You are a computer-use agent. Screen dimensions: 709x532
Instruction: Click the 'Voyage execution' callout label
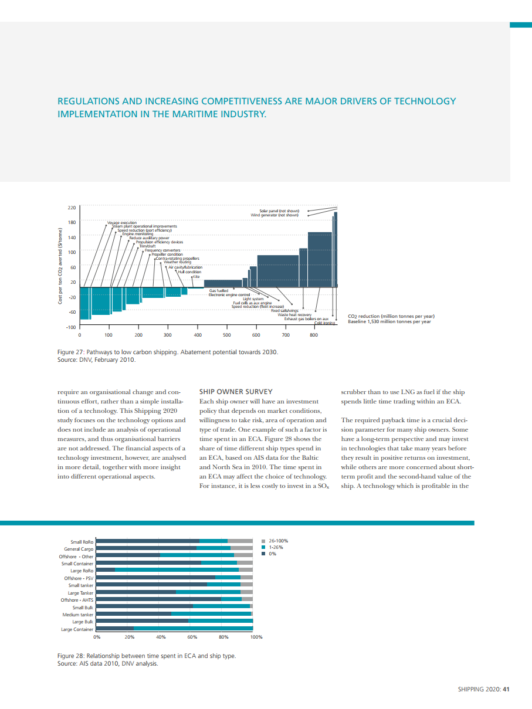coord(121,223)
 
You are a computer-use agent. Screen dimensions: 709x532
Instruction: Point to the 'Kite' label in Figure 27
coord(196,276)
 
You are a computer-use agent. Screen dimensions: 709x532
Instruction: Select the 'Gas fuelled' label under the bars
coord(219,290)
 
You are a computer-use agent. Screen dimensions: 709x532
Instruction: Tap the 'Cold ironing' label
coord(325,323)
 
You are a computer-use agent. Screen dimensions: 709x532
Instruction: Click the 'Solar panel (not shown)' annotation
coord(279,211)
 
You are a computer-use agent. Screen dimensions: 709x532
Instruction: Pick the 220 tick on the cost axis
coord(72,208)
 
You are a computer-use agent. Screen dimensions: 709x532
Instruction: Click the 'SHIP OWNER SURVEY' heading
coord(236,391)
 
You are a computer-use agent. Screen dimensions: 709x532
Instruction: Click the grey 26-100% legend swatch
coord(264,541)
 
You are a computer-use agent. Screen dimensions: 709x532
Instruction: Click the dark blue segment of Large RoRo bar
coord(106,569)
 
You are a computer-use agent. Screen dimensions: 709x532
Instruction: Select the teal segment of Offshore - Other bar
coord(197,555)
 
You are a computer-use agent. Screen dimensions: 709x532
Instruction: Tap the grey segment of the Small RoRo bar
coord(240,540)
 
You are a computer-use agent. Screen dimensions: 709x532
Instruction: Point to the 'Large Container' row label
coord(77,629)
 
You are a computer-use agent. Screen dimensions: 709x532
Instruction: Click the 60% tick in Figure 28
coord(192,637)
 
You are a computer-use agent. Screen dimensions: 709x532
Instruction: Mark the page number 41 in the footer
coord(506,690)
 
